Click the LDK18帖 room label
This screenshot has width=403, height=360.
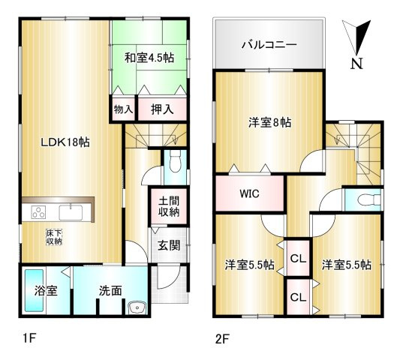65,142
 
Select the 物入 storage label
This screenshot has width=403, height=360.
122,109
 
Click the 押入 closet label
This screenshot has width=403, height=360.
161,109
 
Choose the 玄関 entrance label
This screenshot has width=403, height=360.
167,244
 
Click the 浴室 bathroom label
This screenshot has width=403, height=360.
46,290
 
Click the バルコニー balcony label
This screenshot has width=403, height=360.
269,44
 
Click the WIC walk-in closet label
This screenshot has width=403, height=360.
250,193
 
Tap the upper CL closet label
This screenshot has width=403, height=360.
298,259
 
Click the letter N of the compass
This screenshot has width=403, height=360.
358,64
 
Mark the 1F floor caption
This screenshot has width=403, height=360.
29,338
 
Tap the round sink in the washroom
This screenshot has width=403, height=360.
136,308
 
